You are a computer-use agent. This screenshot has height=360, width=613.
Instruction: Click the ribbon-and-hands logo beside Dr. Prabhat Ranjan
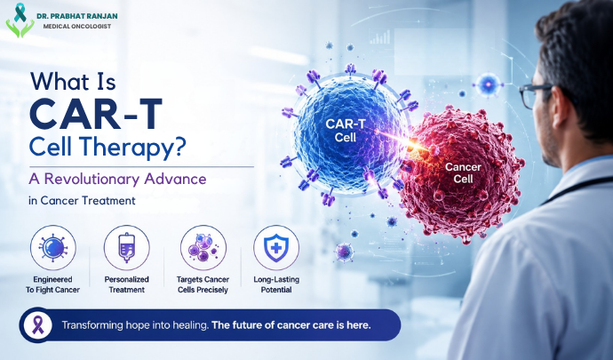tap(20, 20)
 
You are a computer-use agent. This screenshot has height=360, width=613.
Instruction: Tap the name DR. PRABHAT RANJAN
tap(77, 16)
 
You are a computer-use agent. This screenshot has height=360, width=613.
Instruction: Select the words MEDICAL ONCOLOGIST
tap(77, 26)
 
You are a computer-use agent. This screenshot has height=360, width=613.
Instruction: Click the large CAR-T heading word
tap(96, 114)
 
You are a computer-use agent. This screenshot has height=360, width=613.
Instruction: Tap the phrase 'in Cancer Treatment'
tap(82, 201)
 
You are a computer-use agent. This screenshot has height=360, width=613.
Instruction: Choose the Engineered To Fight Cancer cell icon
tap(53, 248)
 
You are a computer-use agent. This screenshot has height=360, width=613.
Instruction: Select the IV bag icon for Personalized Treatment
tap(127, 248)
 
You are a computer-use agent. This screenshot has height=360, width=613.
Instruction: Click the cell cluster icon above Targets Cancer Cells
tap(203, 248)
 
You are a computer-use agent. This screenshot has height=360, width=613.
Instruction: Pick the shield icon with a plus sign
tap(276, 248)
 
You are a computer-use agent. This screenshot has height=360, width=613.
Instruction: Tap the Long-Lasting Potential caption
tap(276, 284)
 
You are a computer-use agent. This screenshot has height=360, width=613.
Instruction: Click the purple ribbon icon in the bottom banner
tap(38, 325)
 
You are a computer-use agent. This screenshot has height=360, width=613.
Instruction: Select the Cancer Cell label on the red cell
tap(463, 173)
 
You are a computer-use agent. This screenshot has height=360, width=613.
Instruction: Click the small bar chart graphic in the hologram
tap(380, 37)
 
